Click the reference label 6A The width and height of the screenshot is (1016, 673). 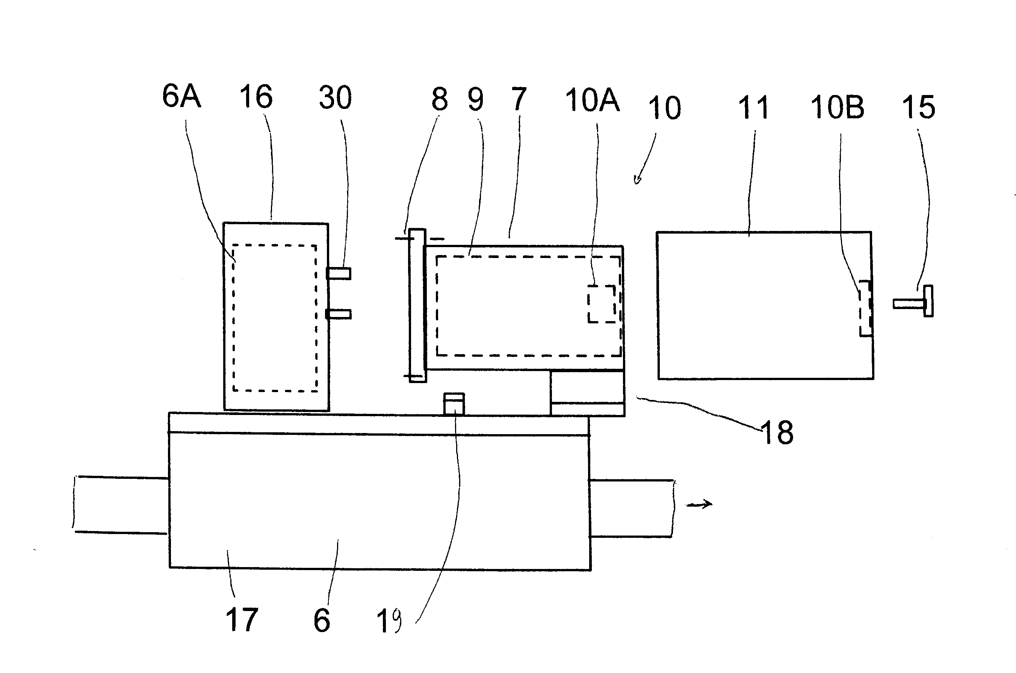181,96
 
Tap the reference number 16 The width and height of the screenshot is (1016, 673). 256,97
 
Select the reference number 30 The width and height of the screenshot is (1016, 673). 336,98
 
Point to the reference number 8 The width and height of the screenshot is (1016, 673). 440,99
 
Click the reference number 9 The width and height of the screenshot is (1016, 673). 475,100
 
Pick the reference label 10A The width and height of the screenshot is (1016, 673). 593,100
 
